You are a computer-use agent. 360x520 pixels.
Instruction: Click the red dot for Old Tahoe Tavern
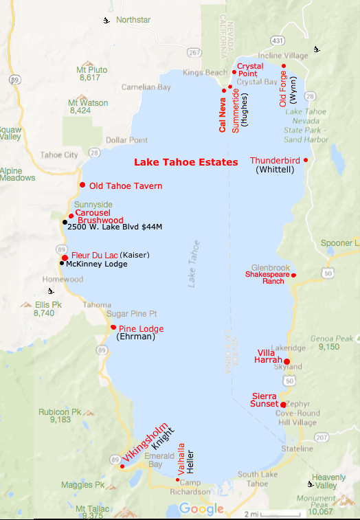click(82, 185)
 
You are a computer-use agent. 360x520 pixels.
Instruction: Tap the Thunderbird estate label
click(275, 160)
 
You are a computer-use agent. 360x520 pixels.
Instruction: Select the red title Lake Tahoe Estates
click(185, 163)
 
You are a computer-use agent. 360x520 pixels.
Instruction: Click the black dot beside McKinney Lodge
click(62, 263)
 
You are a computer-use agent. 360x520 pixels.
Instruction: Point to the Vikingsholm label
click(145, 441)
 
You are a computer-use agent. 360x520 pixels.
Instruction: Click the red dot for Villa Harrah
click(287, 361)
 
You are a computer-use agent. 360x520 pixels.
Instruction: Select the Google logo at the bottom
click(201, 508)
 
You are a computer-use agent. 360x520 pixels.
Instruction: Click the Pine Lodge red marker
click(113, 327)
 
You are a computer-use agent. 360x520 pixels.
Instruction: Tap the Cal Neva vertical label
click(223, 113)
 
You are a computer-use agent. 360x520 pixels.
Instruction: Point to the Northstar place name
click(133, 20)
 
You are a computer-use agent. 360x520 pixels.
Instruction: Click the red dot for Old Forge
click(284, 67)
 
